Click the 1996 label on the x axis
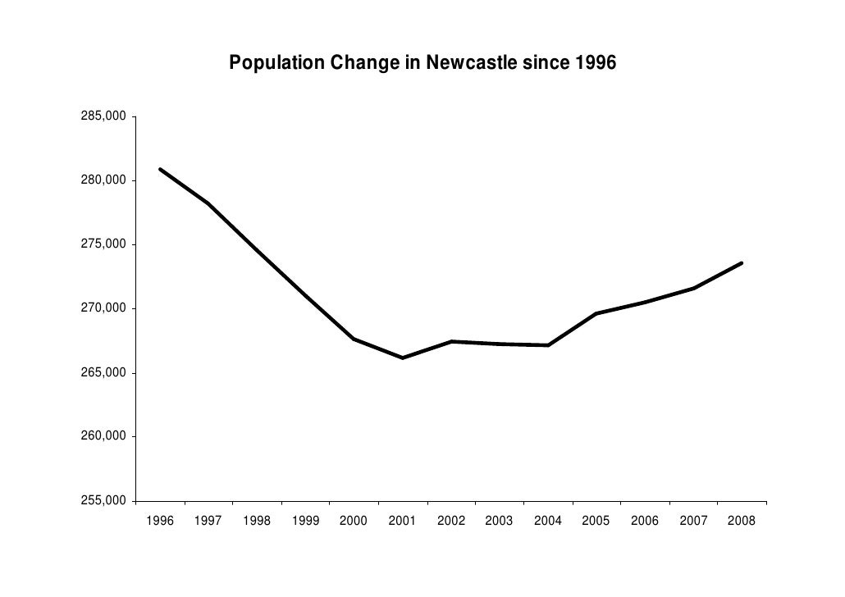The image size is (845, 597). click(x=160, y=521)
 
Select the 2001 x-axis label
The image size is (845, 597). click(x=402, y=521)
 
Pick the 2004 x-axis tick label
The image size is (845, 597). click(x=547, y=521)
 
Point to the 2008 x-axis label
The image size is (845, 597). click(x=741, y=521)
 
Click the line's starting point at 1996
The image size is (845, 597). click(x=160, y=170)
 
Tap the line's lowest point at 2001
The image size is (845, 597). click(x=402, y=358)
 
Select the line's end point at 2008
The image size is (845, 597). click(x=741, y=263)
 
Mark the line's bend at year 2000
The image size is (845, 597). click(x=354, y=339)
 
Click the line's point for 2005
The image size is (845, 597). click(x=596, y=313)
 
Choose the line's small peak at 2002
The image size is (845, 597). click(x=450, y=341)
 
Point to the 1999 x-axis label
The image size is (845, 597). click(x=305, y=521)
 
